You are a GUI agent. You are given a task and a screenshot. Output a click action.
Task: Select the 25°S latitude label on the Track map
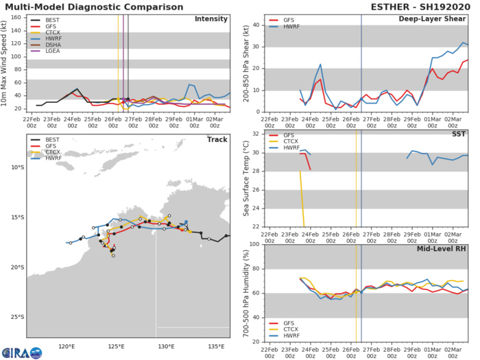(17, 316)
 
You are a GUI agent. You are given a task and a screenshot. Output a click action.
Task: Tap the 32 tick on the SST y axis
(255, 134)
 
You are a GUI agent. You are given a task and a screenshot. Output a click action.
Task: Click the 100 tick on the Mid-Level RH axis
(253, 244)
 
